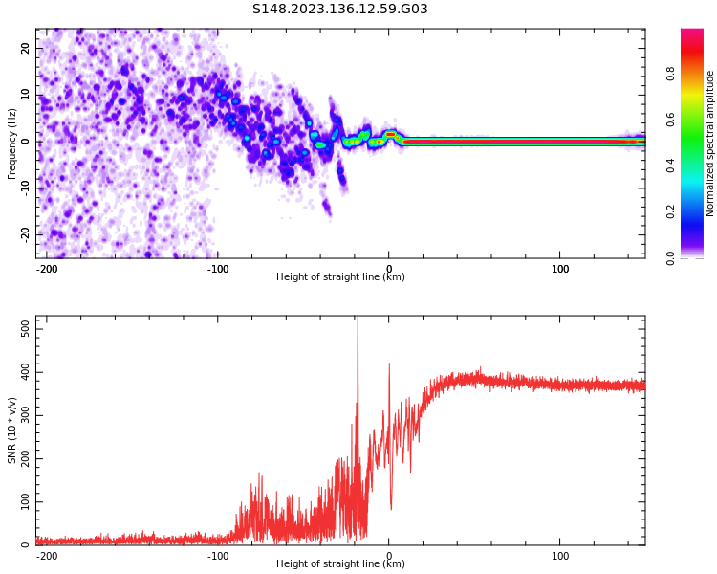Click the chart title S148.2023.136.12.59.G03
pos(339,10)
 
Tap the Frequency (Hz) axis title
pos(11,143)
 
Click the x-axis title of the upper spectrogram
pos(340,277)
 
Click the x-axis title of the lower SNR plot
pos(340,564)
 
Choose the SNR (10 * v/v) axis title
pos(11,430)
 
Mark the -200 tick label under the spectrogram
pos(46,269)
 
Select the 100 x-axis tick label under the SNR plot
pos(560,556)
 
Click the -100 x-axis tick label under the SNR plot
pos(217,556)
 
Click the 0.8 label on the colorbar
pos(670,74)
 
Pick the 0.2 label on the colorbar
pos(670,211)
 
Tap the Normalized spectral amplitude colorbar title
pos(710,143)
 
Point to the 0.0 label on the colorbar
pos(670,257)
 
